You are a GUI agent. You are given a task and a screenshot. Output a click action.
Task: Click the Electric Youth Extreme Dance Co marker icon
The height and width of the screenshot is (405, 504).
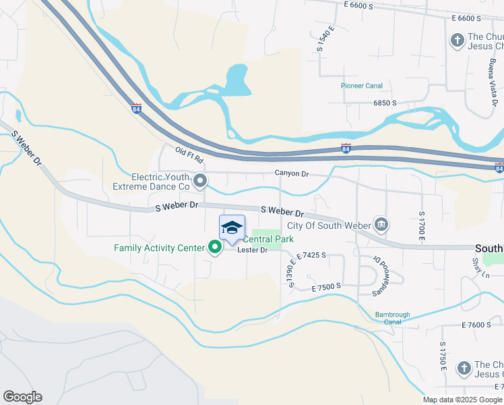pos(200,180)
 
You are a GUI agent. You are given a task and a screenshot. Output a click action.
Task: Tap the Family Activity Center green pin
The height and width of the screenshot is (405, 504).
pos(216,248)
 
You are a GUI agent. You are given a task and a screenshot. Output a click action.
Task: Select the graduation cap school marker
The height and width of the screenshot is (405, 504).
pos(232,227)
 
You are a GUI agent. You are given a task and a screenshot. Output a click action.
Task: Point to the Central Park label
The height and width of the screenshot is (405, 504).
pos(267,239)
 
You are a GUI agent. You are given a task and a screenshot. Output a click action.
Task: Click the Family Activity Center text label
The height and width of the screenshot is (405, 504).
pos(159,248)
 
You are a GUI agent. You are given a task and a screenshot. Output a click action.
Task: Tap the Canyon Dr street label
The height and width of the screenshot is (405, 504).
pos(291,174)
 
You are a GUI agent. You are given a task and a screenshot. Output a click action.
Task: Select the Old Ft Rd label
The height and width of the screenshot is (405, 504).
pos(189,157)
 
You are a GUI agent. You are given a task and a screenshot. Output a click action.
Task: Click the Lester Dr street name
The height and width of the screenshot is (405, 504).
pos(253,250)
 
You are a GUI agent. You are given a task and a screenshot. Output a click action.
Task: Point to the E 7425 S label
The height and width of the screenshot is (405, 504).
pos(311,255)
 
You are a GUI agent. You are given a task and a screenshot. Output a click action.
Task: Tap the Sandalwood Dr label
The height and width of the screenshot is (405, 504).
pos(377,277)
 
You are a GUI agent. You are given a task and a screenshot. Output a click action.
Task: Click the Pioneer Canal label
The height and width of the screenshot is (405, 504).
pos(361,86)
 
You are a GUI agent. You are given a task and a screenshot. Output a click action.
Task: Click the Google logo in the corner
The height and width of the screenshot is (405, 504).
pos(22,397)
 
